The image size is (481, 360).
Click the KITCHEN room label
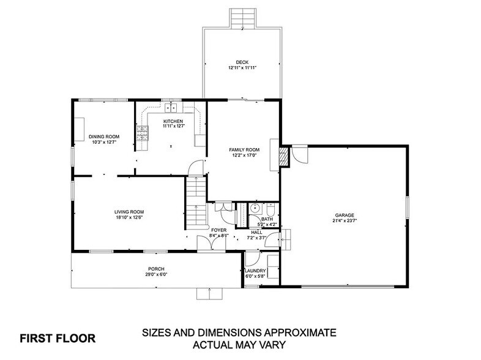point(173,121)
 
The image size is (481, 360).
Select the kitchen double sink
point(170,108)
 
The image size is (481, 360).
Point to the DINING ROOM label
point(103,137)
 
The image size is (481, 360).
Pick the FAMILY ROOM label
point(244,150)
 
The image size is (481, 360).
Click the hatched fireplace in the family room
point(283,156)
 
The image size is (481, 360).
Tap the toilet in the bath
point(270,208)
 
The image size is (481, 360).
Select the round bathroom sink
point(255,208)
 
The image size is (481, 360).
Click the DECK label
point(242,61)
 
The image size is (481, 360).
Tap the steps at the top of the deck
point(242,18)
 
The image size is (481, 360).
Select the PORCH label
point(155,269)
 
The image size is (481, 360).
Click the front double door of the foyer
point(210,244)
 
